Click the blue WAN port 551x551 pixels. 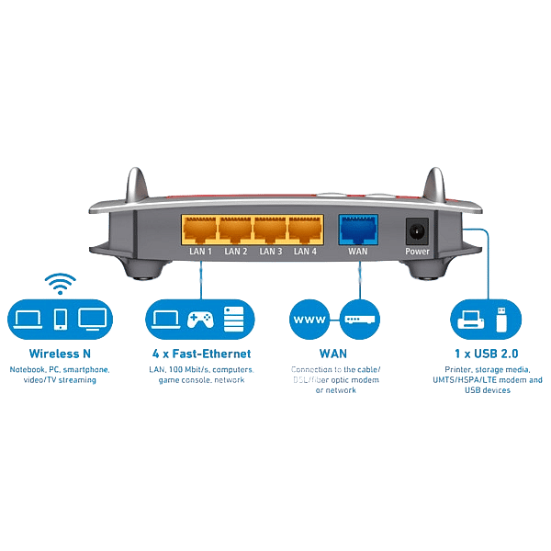(357, 229)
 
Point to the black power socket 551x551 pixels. (417, 230)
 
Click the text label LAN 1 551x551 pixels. (199, 251)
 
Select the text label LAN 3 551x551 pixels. (270, 251)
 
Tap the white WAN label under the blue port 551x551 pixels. (357, 251)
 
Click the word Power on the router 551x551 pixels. (417, 251)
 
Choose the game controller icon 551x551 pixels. (200, 320)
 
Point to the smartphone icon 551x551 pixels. (60, 320)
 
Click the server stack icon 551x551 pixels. (233, 320)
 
